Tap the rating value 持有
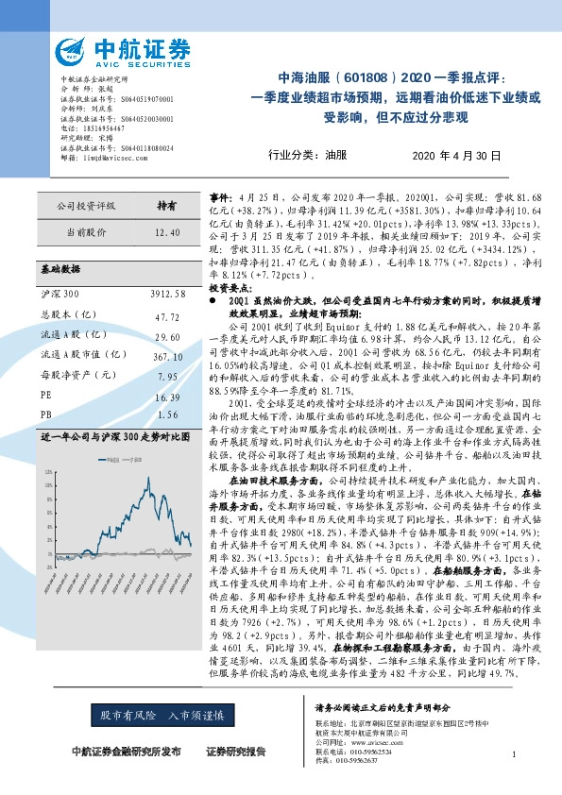(166, 205)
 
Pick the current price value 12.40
(166, 231)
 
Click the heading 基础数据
(61, 269)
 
